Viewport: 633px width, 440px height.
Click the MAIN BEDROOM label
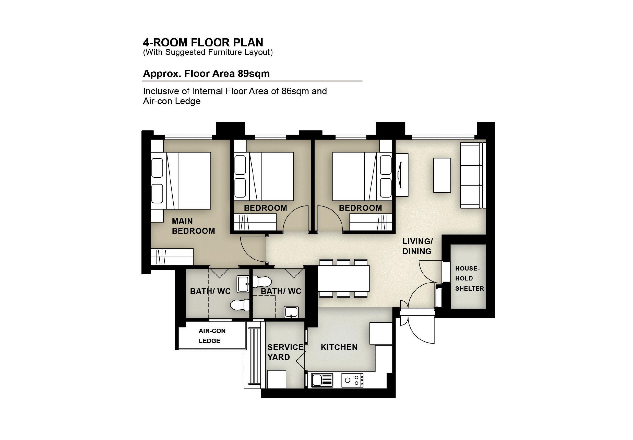pyautogui.click(x=193, y=226)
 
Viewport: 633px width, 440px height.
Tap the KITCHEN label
pyautogui.click(x=339, y=347)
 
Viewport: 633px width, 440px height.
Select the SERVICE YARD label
pyautogui.click(x=285, y=352)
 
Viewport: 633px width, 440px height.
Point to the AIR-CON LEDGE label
pyautogui.click(x=212, y=336)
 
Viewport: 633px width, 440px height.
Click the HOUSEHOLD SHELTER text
pyautogui.click(x=469, y=278)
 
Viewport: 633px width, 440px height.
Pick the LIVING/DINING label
pyautogui.click(x=417, y=246)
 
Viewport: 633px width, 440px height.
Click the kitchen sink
pyautogui.click(x=322, y=381)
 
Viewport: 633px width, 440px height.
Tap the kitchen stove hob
pyautogui.click(x=352, y=381)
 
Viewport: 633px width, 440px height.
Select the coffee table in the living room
pyautogui.click(x=442, y=175)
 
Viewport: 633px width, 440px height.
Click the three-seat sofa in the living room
pyautogui.click(x=473, y=175)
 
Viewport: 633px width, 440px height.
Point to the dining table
pyautogui.click(x=343, y=278)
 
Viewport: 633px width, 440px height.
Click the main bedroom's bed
pyautogui.click(x=181, y=181)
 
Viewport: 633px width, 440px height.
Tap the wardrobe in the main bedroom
pyautogui.click(x=172, y=257)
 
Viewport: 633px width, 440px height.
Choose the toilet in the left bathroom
pyautogui.click(x=240, y=305)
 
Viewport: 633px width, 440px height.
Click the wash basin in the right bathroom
pyautogui.click(x=291, y=312)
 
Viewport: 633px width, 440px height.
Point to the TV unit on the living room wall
pyautogui.click(x=402, y=175)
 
